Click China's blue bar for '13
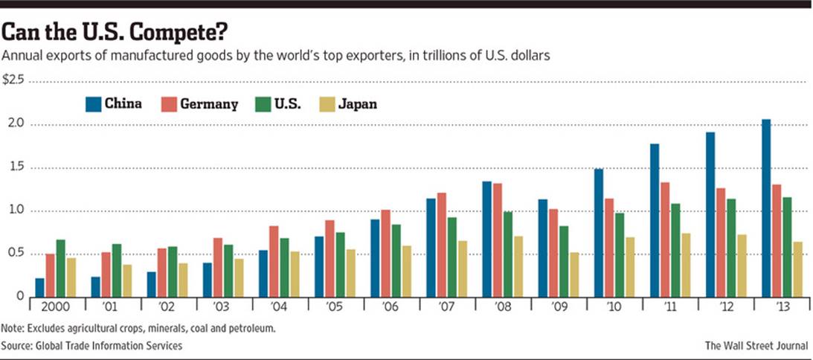click(x=765, y=208)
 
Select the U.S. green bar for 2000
click(x=61, y=268)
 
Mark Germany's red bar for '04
click(x=274, y=260)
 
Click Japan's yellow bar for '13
click(x=798, y=269)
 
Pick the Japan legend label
click(x=358, y=104)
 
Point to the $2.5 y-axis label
click(x=13, y=80)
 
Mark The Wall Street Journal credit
click(x=756, y=346)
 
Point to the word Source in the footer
click(x=18, y=346)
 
